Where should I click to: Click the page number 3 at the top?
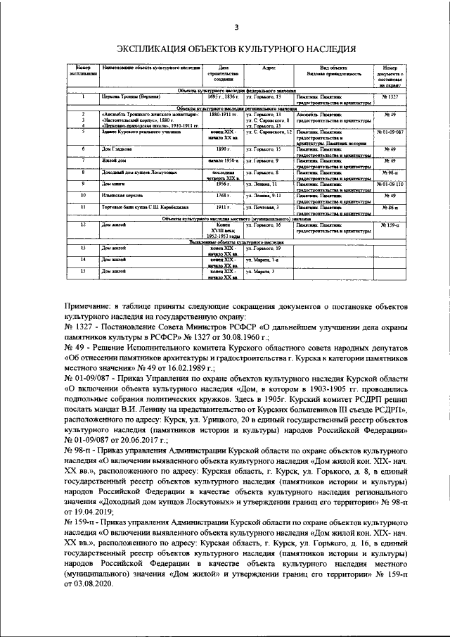click(x=236, y=27)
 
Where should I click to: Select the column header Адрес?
click(x=268, y=68)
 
